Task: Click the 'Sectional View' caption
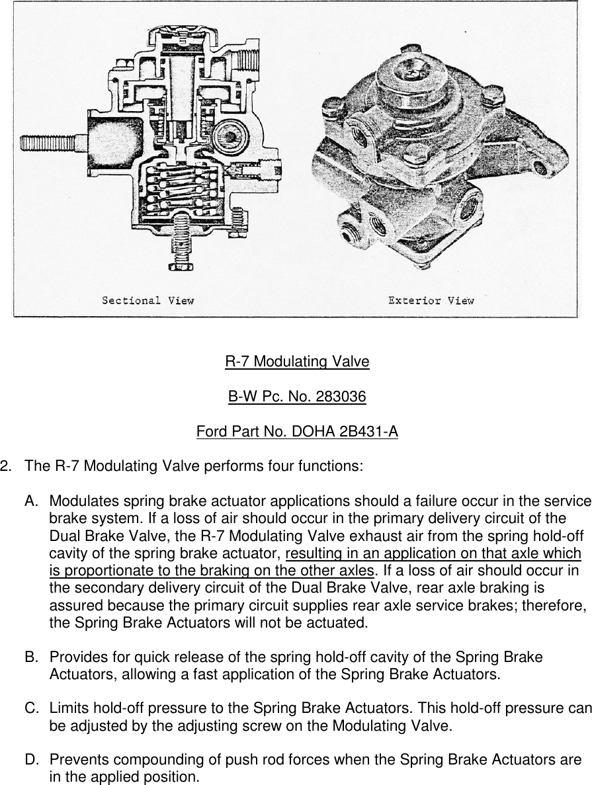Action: [x=148, y=301]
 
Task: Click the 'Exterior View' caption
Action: [x=431, y=301]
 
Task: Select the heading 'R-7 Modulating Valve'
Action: [x=297, y=362]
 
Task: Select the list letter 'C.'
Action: [x=32, y=709]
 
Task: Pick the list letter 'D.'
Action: [x=32, y=760]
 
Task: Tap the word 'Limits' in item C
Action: [x=67, y=709]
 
